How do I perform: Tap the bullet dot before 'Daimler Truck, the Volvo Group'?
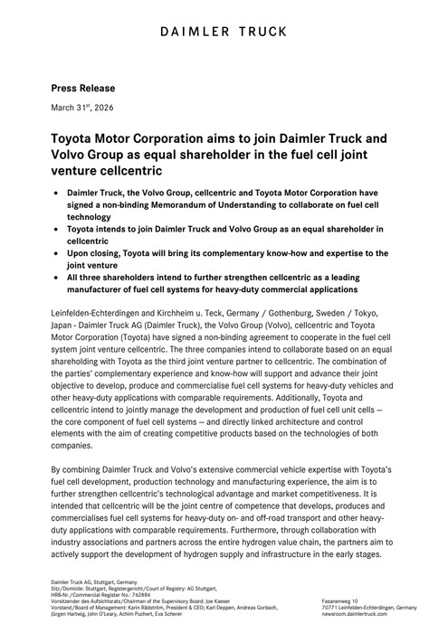click(x=59, y=194)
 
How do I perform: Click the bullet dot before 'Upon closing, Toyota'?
click(x=59, y=256)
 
